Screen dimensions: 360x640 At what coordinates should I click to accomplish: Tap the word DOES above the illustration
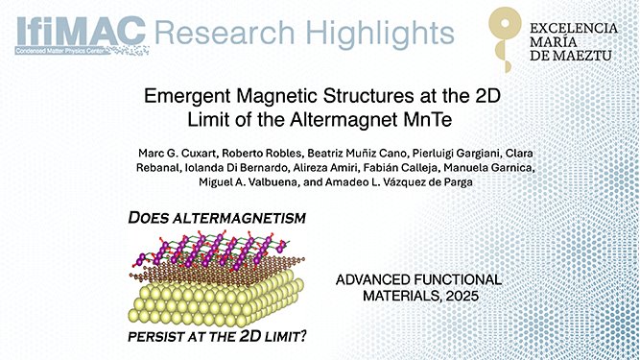(x=155, y=220)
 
